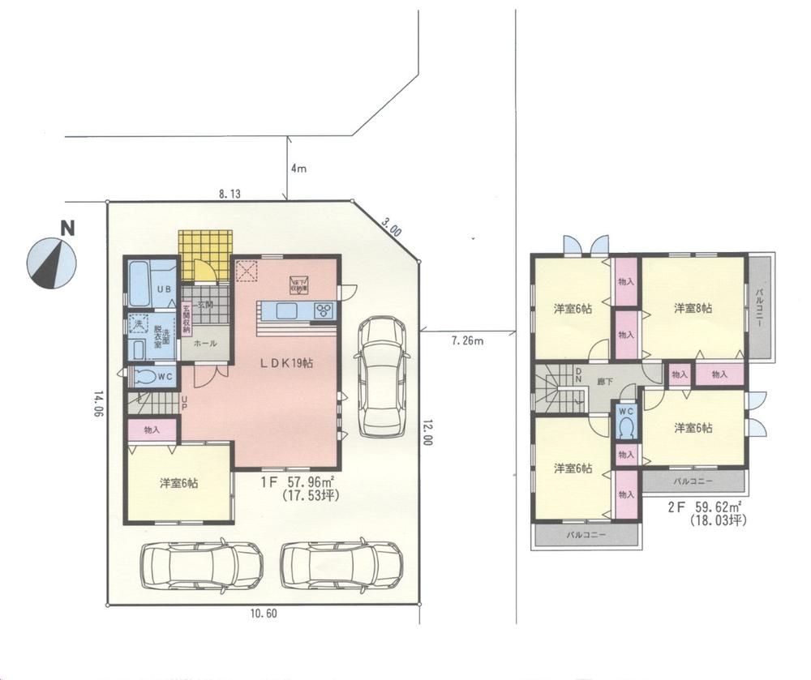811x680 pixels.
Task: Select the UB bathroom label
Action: (x=163, y=289)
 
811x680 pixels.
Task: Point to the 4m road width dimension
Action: (x=298, y=169)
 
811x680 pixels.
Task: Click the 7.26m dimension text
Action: (x=467, y=341)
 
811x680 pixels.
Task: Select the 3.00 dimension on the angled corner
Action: (x=392, y=226)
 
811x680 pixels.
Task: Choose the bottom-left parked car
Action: (x=201, y=565)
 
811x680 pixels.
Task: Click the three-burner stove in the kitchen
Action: (x=324, y=310)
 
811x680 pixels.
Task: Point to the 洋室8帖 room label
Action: (x=693, y=309)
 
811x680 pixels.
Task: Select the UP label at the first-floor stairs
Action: (x=184, y=403)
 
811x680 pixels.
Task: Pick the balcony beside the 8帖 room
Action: (x=762, y=307)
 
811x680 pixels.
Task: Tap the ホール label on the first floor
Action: (x=204, y=344)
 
